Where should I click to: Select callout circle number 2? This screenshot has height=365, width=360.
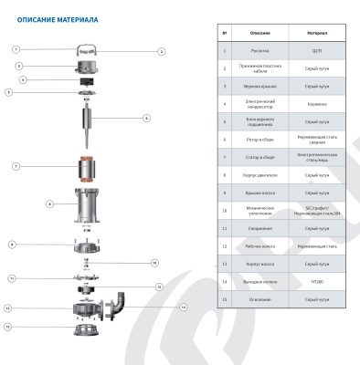click(x=162, y=52)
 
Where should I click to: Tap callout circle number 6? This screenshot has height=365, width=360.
click(x=146, y=118)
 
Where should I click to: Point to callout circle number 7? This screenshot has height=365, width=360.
click(x=16, y=166)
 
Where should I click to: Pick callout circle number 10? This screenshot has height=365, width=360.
click(x=154, y=263)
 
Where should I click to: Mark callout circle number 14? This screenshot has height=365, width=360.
click(x=183, y=307)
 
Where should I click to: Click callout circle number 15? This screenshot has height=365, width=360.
click(x=8, y=326)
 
